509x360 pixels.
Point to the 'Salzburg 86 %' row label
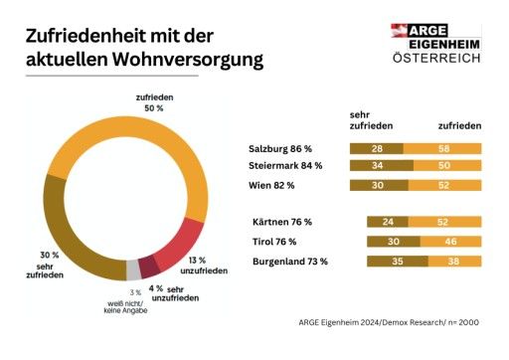pyautogui.click(x=281, y=148)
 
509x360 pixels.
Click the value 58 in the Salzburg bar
pyautogui.click(x=441, y=148)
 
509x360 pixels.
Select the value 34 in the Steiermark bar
pyautogui.click(x=379, y=166)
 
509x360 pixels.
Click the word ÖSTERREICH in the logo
pyautogui.click(x=436, y=57)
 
